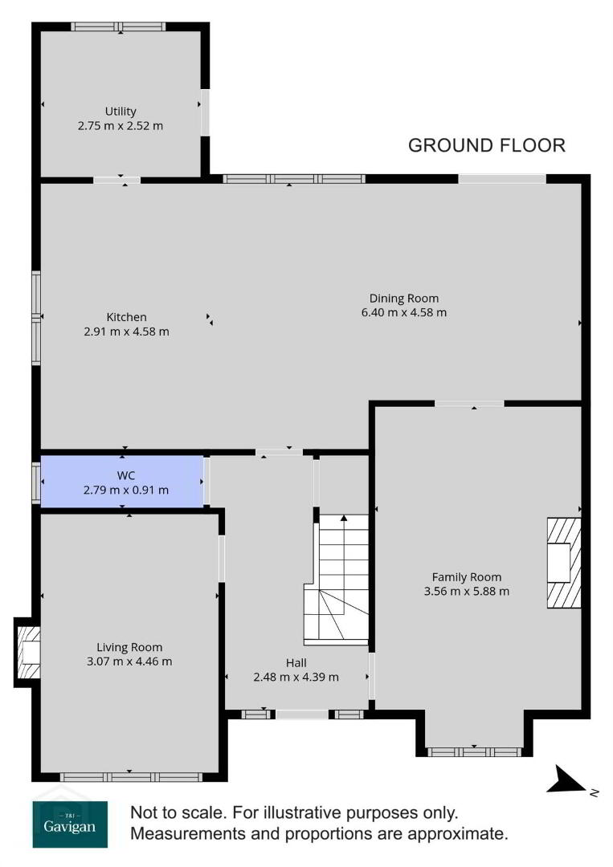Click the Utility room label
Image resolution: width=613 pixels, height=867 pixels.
121,111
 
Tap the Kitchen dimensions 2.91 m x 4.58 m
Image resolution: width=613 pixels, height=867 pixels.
127,332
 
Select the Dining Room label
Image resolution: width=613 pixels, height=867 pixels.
404,299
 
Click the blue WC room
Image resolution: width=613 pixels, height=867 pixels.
122,481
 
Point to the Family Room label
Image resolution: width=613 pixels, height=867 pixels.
467,577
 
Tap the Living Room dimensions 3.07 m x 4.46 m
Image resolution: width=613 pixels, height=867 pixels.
129,661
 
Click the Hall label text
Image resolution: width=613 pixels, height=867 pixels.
296,663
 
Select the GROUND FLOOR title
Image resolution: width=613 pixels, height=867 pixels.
487,145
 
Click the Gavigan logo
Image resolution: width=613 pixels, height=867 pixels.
70,824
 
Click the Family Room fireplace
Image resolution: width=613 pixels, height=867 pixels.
564,563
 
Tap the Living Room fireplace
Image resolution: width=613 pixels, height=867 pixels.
27,653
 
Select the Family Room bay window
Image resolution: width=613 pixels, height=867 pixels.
474,752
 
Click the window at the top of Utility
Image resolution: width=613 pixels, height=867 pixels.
118,26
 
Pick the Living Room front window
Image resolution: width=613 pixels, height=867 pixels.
131,777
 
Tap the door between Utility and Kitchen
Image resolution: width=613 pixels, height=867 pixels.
116,180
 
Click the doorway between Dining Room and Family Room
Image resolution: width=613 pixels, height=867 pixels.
469,404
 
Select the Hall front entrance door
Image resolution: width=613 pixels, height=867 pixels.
302,714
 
